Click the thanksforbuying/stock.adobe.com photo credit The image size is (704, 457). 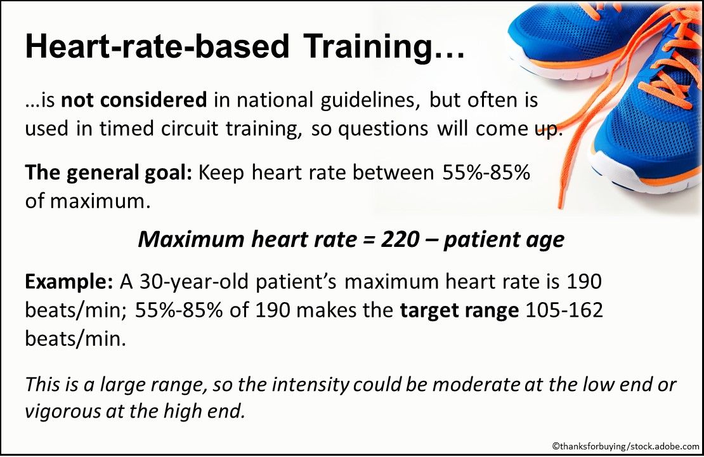[625, 447]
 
